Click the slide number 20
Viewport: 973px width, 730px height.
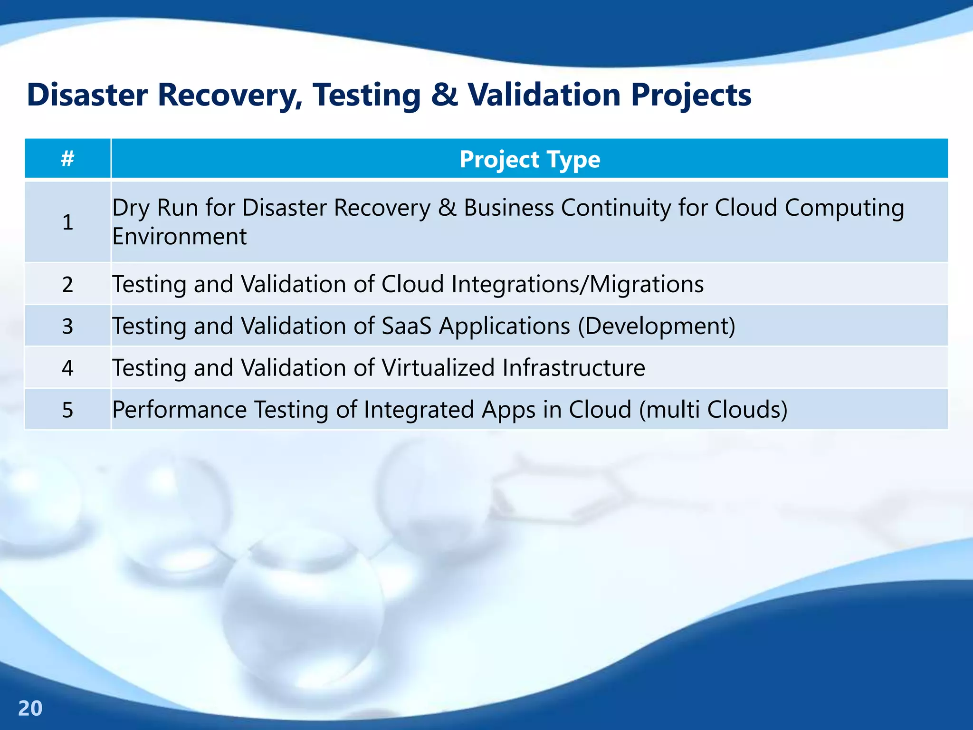pyautogui.click(x=30, y=708)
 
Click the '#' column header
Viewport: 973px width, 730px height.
pyautogui.click(x=67, y=159)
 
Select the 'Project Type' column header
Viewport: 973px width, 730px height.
pyautogui.click(x=529, y=159)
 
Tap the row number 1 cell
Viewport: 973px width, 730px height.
pyautogui.click(x=67, y=222)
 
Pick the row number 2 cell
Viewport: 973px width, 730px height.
pyautogui.click(x=67, y=284)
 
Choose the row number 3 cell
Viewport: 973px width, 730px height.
pyautogui.click(x=67, y=326)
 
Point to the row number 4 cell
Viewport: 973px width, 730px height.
pyautogui.click(x=67, y=368)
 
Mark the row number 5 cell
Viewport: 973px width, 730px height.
pyautogui.click(x=67, y=410)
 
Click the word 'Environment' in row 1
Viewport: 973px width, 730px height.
pyautogui.click(x=179, y=237)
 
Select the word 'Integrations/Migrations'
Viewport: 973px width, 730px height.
pyautogui.click(x=577, y=284)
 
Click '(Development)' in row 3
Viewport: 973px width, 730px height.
pyautogui.click(x=657, y=326)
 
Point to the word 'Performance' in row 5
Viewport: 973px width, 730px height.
pyautogui.click(x=179, y=410)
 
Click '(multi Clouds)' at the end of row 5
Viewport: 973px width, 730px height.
pyautogui.click(x=713, y=410)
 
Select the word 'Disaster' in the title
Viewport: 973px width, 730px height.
pyautogui.click(x=87, y=95)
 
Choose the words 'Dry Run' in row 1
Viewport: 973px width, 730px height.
pyautogui.click(x=154, y=208)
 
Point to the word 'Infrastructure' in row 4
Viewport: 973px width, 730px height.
pyautogui.click(x=573, y=368)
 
